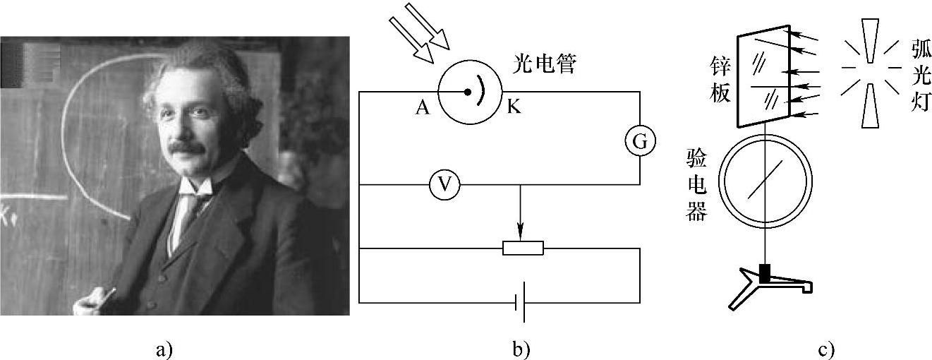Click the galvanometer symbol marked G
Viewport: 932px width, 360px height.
pos(639,142)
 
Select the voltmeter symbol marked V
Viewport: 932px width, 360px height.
pos(444,185)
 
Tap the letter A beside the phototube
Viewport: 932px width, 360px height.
pos(423,107)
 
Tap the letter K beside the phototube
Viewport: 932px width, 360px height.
pos(512,107)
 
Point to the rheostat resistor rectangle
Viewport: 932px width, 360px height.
pos(523,248)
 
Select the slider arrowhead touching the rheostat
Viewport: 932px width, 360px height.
pos(521,234)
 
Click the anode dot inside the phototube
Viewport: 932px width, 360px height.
pos(467,92)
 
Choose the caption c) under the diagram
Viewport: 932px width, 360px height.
pos(827,349)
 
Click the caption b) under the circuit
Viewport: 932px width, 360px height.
pos(521,349)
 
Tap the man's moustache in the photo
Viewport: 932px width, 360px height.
pos(187,147)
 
